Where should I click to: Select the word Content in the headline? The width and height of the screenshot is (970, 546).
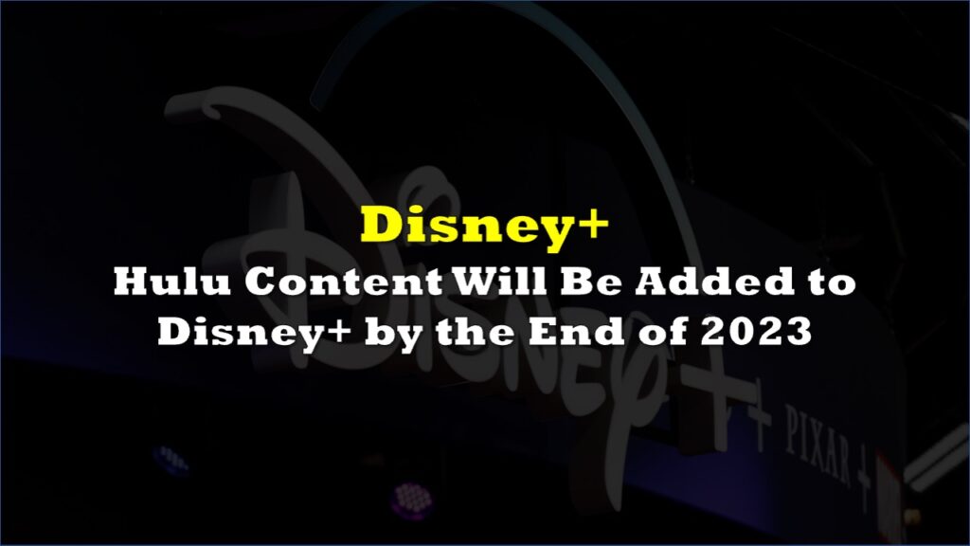(344, 282)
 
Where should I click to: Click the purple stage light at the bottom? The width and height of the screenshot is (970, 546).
(410, 498)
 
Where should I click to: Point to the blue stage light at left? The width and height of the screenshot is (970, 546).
(171, 459)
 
